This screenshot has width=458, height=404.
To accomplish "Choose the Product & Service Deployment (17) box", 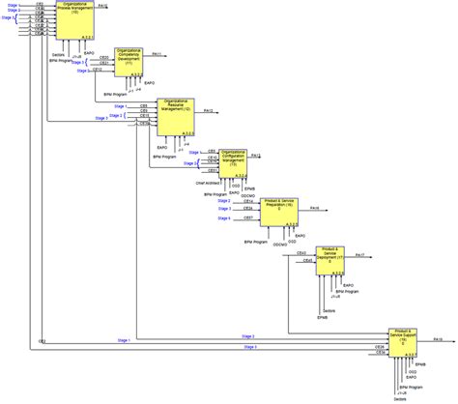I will point(331,258).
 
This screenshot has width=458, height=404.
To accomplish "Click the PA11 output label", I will point(158,54).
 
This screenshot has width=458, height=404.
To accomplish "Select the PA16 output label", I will point(315,206).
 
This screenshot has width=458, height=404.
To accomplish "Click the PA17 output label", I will point(359,253).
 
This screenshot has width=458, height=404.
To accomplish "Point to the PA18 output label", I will point(438,340).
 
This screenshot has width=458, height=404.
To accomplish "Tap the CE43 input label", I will point(302,252).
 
